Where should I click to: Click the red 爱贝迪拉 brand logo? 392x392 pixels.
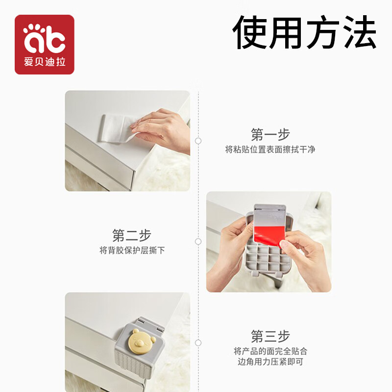click(x=45, y=45)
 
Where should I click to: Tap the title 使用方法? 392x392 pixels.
click(x=304, y=32)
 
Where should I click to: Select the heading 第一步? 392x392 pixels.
click(x=270, y=134)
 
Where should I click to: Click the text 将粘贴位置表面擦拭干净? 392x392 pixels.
click(x=270, y=149)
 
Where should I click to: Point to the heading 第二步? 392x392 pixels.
click(x=132, y=235)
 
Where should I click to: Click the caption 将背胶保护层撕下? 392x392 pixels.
click(x=132, y=250)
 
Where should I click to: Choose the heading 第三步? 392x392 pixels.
click(x=270, y=336)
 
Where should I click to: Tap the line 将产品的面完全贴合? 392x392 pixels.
click(x=270, y=351)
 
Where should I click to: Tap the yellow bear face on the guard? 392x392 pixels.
click(x=140, y=341)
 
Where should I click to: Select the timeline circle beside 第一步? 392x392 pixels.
click(x=198, y=141)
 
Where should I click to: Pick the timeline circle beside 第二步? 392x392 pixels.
click(x=198, y=242)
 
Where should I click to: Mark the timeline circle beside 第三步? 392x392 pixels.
click(x=198, y=343)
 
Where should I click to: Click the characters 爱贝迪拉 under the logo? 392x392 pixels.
click(x=45, y=64)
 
